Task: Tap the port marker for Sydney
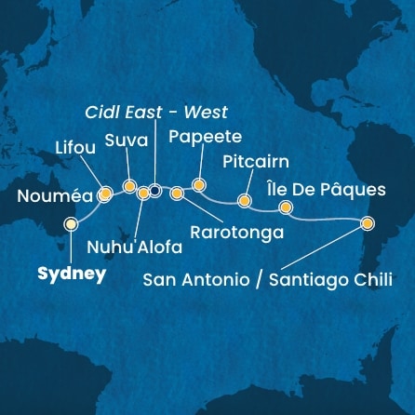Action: point(70,224)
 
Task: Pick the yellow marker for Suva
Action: point(129,186)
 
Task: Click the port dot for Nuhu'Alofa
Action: point(143,194)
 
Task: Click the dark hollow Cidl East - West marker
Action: point(155,191)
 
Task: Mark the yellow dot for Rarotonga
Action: point(177,194)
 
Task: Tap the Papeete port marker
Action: point(197,183)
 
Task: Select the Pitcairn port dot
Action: point(244,200)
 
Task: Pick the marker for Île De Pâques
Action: point(286,207)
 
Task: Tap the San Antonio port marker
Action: point(368,223)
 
